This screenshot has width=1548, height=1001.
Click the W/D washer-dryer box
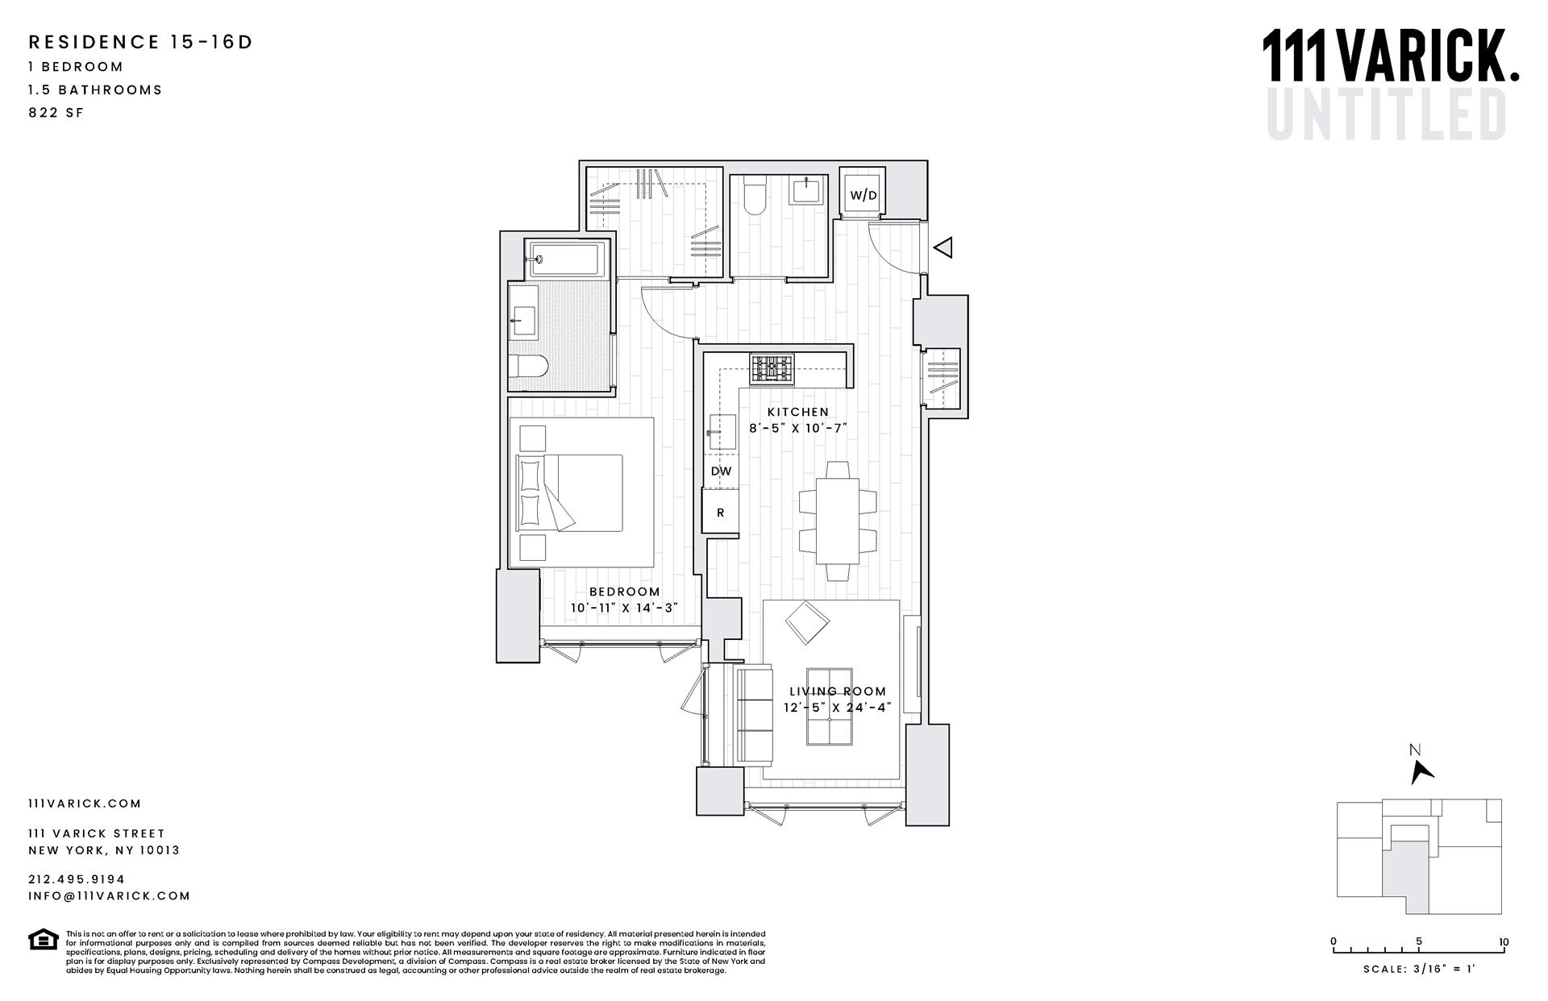point(863,195)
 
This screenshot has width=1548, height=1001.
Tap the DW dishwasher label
point(721,471)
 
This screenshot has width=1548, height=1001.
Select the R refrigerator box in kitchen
point(721,513)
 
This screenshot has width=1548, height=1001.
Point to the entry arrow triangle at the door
point(943,247)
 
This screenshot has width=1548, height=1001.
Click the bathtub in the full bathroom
point(566,259)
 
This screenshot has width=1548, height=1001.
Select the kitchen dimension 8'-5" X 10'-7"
point(797,428)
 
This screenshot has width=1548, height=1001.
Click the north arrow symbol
point(1421,771)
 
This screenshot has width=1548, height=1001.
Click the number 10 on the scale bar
point(1504,941)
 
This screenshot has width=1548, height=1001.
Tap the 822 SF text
point(56,113)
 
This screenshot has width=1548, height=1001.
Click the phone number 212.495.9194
point(77,879)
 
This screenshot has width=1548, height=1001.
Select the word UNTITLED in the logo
point(1387,114)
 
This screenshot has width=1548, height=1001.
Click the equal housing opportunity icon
point(43,940)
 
